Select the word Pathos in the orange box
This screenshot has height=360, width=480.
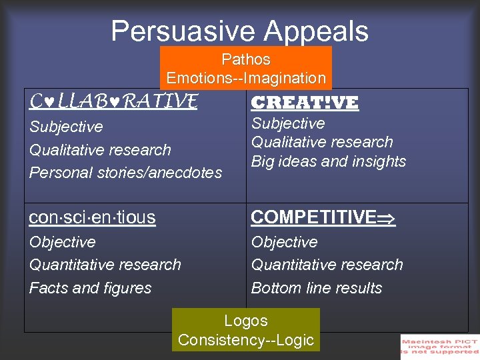pyautogui.click(x=245, y=59)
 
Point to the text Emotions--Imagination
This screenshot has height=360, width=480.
pyautogui.click(x=245, y=78)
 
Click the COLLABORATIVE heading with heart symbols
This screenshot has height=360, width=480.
pyautogui.click(x=113, y=101)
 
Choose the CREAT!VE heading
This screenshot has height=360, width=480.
pyautogui.click(x=304, y=103)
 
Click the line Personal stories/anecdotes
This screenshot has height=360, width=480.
pyautogui.click(x=125, y=173)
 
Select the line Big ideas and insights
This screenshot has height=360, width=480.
pyautogui.click(x=328, y=161)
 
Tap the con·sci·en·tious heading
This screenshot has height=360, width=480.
pyautogui.click(x=92, y=217)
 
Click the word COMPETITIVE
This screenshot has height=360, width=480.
pyautogui.click(x=313, y=217)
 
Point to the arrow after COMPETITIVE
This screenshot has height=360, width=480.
pyautogui.click(x=387, y=218)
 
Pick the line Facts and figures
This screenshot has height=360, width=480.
pyautogui.click(x=90, y=288)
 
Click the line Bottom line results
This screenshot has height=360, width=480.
pyautogui.click(x=316, y=288)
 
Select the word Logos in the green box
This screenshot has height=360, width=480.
pyautogui.click(x=245, y=321)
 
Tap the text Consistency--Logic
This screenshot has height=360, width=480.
pyautogui.click(x=245, y=340)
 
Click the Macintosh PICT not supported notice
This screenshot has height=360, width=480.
pyautogui.click(x=439, y=347)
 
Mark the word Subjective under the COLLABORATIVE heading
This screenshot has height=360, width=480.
pyautogui.click(x=66, y=127)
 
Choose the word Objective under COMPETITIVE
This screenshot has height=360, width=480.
pyautogui.click(x=284, y=242)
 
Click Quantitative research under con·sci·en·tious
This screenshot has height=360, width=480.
pyautogui.click(x=105, y=265)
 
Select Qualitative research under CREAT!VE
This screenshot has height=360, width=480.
pyautogui.click(x=321, y=142)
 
